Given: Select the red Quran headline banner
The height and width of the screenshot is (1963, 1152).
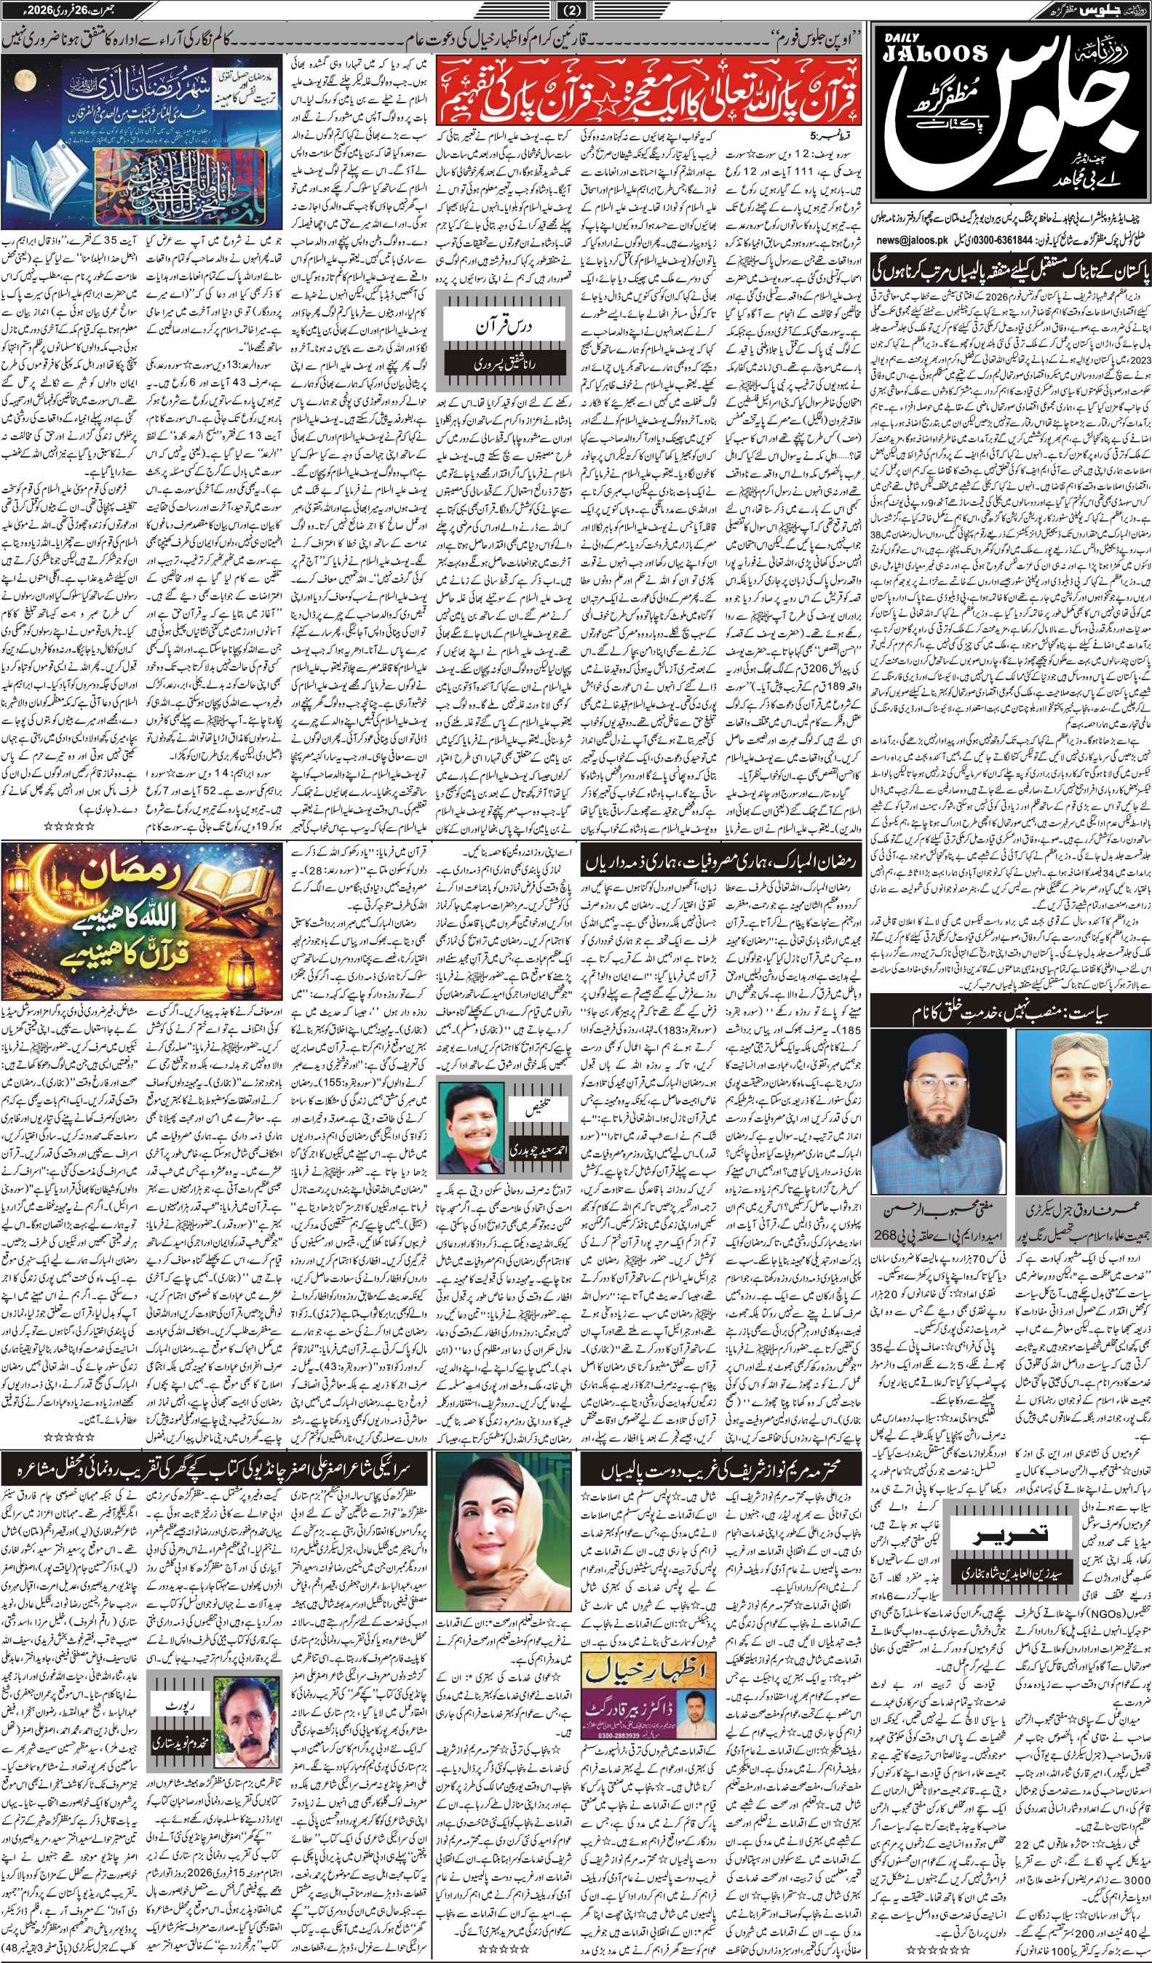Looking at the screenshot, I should tap(650, 91).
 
